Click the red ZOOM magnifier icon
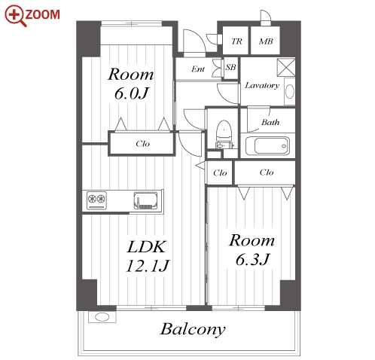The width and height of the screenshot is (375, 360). [14, 16]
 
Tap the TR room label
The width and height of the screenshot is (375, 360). [236, 41]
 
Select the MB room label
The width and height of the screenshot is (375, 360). [266, 41]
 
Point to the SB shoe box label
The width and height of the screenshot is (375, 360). [230, 67]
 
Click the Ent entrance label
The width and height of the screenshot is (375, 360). [198, 69]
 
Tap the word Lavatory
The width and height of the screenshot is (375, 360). [262, 85]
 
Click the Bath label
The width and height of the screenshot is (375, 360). [270, 122]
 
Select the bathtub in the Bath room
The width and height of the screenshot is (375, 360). [267, 145]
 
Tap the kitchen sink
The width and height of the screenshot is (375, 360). [145, 200]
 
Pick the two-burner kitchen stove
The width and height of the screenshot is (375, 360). [96, 200]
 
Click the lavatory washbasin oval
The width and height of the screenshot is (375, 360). [290, 91]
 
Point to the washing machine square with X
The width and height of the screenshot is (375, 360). [286, 67]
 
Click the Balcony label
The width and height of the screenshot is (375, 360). [193, 329]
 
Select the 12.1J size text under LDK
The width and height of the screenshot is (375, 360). [148, 266]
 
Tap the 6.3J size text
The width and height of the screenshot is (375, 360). [252, 259]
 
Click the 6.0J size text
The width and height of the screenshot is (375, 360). [131, 93]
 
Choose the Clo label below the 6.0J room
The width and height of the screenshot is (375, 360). [142, 144]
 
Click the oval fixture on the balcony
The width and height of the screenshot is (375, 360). [102, 317]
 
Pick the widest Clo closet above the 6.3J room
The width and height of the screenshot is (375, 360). [265, 172]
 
